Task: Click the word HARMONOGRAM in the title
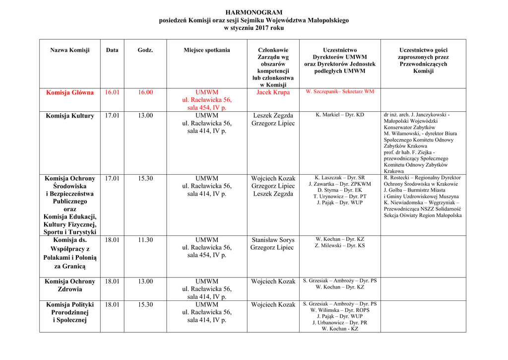point(254,12)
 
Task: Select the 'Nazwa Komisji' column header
point(70,50)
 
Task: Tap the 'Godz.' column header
point(145,50)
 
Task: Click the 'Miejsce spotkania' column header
point(206,50)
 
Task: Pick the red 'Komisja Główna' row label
point(70,92)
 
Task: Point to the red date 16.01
point(112,92)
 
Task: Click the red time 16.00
point(145,92)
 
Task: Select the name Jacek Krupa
point(273,92)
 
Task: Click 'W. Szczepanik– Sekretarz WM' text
point(340,92)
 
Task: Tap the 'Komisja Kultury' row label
point(70,116)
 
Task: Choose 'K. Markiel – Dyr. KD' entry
point(340,115)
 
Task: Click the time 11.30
point(145,240)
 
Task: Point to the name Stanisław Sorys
point(273,240)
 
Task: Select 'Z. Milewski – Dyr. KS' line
point(340,246)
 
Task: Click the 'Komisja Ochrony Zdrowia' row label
point(70,285)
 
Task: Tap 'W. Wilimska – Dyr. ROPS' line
point(340,310)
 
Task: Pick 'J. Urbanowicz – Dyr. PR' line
point(340,323)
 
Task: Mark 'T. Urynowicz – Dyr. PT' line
point(340,197)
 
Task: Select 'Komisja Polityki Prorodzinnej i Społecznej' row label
point(70,312)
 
